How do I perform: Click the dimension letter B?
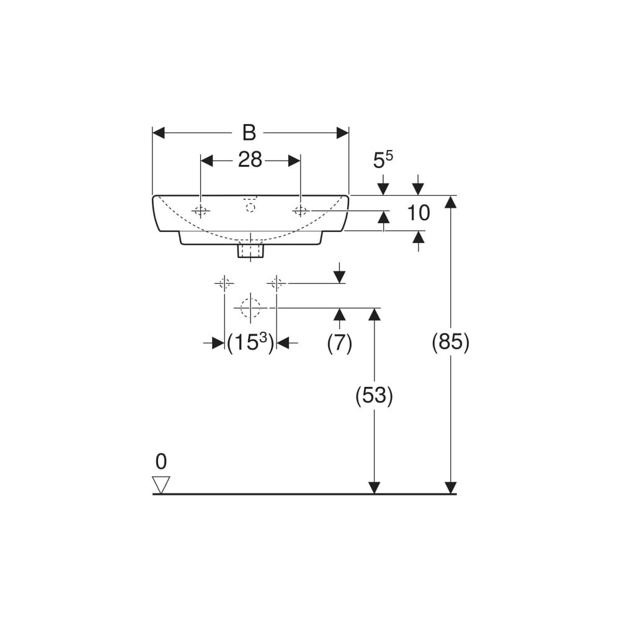point(249,133)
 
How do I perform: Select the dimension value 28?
point(250,160)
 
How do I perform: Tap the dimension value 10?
point(418,213)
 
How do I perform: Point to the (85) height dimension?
point(450,342)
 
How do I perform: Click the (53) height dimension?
point(374,396)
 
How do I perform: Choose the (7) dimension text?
point(339,343)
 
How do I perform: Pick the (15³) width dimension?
point(250,342)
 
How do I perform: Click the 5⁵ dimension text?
point(383,160)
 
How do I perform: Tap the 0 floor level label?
point(161,461)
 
